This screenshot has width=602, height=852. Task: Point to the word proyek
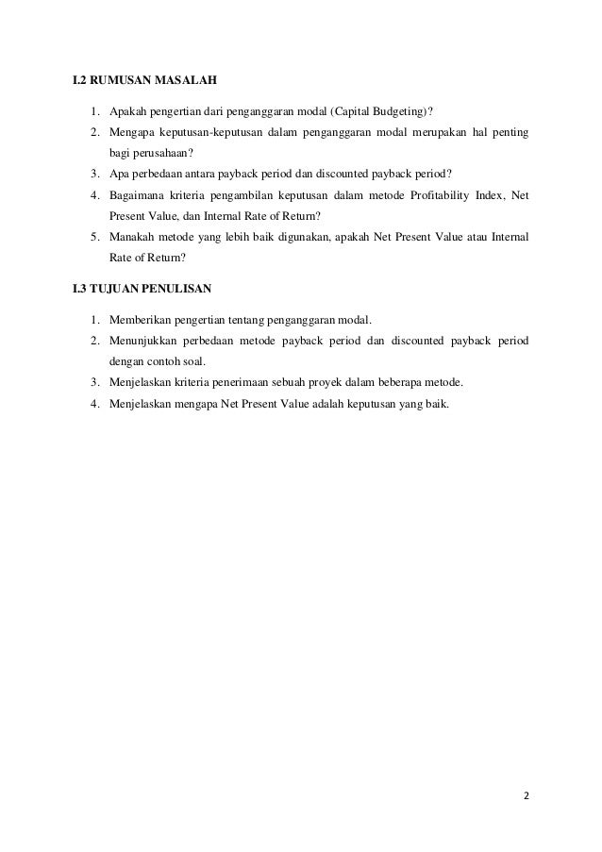(332, 383)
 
